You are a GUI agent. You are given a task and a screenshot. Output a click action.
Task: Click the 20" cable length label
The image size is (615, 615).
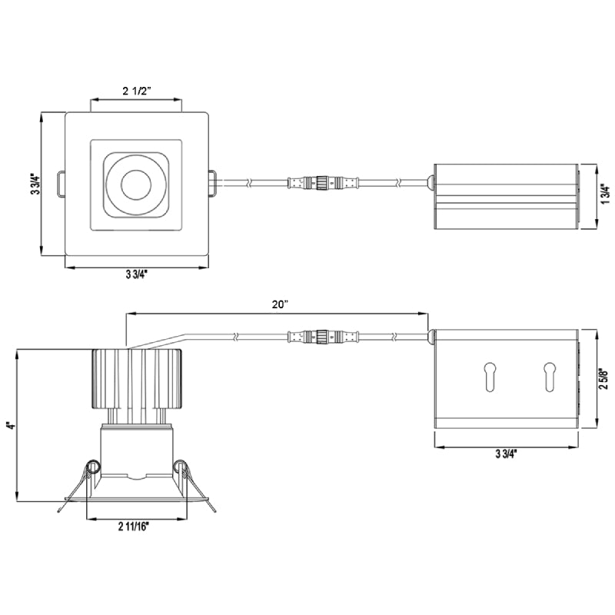pos(280,304)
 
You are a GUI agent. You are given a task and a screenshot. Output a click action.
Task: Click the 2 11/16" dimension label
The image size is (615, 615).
pos(133,527)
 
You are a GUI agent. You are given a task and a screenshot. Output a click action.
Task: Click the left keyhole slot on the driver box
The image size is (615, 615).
pos(488,374)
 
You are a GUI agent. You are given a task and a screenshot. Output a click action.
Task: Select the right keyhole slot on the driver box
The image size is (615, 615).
pos(550,374)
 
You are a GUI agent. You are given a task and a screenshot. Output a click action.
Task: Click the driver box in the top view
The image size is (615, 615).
pos(505,197)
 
